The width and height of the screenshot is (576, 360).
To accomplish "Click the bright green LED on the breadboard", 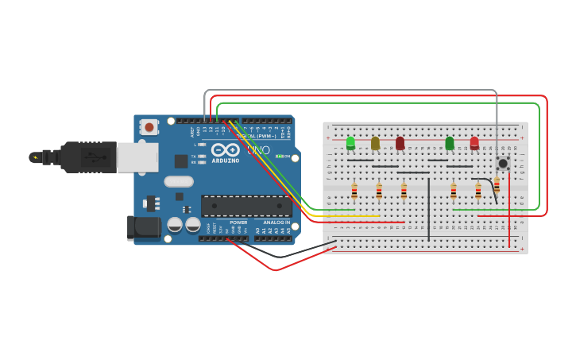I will pos(350,143).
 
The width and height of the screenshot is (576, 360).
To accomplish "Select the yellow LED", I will pos(375,143).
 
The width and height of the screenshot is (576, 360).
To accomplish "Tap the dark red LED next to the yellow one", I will pos(400,143).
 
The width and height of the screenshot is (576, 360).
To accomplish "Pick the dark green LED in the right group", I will pos(450,143).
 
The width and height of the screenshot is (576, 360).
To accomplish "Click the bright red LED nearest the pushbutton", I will pos(474,143).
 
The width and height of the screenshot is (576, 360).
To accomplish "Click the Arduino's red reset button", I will pos(149,126).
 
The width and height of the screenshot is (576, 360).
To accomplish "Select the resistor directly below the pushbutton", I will pos(497,185).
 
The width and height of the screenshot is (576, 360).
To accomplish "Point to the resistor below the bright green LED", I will pos(354,191).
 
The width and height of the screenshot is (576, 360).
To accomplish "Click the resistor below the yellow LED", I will pos(379,191).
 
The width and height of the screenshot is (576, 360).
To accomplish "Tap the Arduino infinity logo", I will pos(225,149).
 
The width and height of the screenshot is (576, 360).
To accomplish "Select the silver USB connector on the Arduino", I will pos(137,157).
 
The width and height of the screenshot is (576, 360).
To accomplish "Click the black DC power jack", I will pos(144,227).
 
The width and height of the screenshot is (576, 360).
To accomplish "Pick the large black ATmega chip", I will pos(245,206).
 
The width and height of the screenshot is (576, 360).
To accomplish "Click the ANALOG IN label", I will pos(276,223).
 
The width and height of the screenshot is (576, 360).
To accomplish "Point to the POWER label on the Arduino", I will pos(238,223).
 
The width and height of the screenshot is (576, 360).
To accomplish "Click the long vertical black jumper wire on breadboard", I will pos(429,208).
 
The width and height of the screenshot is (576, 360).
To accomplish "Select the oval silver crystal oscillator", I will pos(179,181).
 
